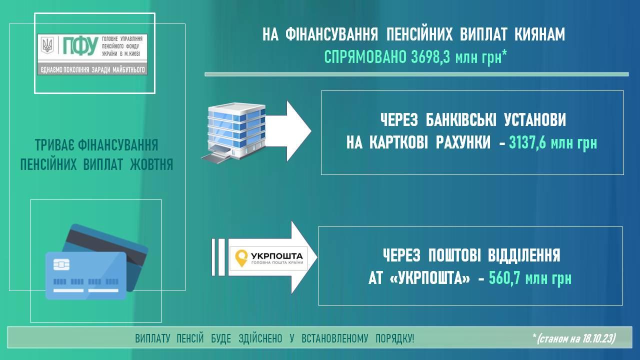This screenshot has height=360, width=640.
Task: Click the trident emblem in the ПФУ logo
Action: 47,45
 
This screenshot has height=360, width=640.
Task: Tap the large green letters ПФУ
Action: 80,45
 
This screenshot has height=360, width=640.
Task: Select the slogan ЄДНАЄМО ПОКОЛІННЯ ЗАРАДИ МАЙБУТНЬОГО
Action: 92,69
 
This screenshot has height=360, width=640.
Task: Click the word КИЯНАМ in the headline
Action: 539,34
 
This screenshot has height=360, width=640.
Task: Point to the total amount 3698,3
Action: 430,57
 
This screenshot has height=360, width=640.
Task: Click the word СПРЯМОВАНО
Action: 365,57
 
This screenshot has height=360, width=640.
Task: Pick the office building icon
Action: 233,132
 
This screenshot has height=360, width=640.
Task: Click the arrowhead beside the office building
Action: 299,131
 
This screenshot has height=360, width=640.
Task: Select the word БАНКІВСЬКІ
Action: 461,119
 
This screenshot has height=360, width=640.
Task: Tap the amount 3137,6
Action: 527,142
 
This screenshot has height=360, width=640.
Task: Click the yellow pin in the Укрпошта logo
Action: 241,258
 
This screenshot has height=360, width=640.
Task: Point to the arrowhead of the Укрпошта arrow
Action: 304,257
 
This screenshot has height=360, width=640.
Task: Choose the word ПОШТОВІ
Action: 454,255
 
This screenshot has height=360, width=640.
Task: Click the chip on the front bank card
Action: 61,264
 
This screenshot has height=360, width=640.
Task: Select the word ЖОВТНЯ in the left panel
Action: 151,164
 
